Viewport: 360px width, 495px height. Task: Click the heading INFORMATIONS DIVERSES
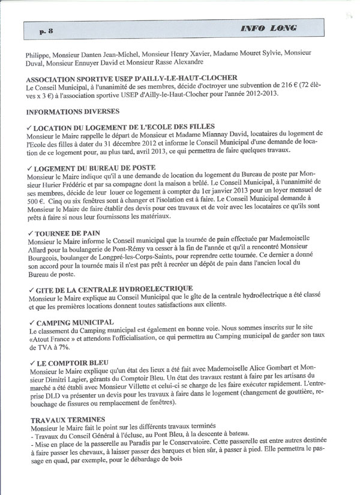pyautogui.click(x=73, y=111)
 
